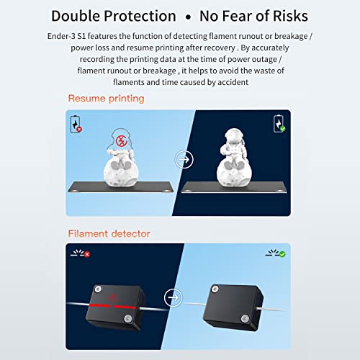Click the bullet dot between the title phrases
coord(189,17)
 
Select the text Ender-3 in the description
coord(61,36)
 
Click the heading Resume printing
coord(106,99)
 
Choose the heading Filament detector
coord(109,233)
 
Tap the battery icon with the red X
coord(76,125)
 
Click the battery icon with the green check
coord(279,124)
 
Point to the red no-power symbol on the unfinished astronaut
coord(122,140)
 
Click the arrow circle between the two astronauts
coord(184,159)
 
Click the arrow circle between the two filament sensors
coord(174,297)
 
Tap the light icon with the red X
coord(81,253)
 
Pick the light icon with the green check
coord(276,253)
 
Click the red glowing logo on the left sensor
coord(112,298)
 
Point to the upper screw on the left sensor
coord(98,289)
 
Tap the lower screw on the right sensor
coord(245,319)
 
